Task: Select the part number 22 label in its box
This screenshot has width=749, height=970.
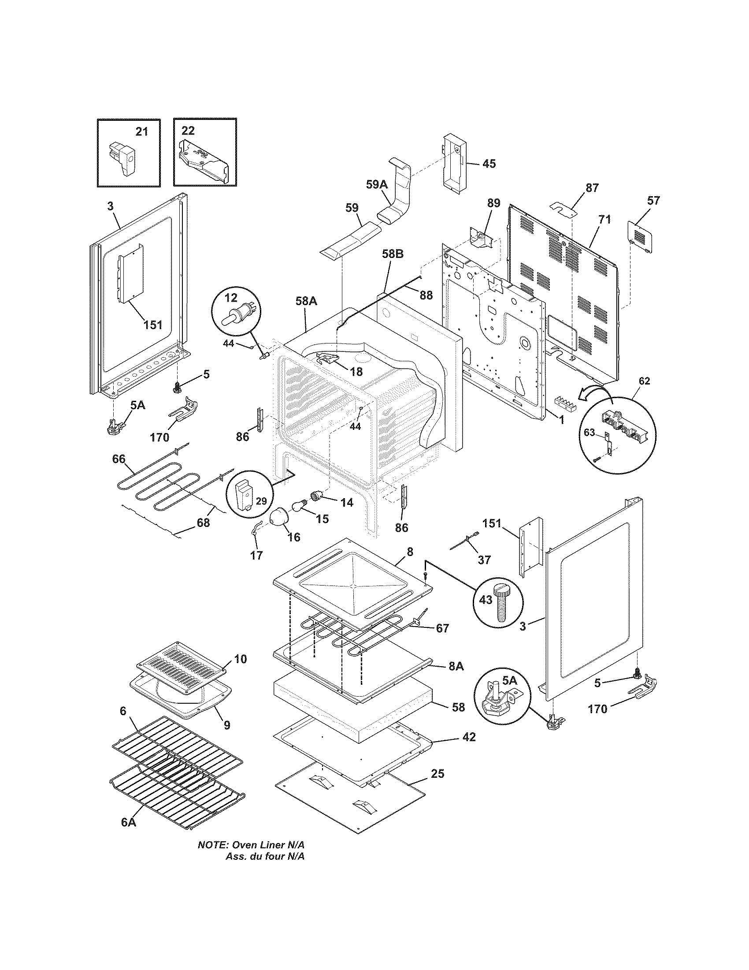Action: tap(188, 130)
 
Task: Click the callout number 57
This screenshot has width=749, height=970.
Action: tap(653, 200)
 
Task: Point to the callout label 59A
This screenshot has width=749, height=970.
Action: tap(377, 185)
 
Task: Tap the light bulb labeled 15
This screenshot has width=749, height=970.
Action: tap(299, 506)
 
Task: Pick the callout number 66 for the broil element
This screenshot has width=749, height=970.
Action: tap(119, 459)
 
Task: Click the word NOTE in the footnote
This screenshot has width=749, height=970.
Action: tap(212, 857)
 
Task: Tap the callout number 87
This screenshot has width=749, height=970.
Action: tap(592, 188)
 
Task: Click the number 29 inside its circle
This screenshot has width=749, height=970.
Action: tap(261, 501)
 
